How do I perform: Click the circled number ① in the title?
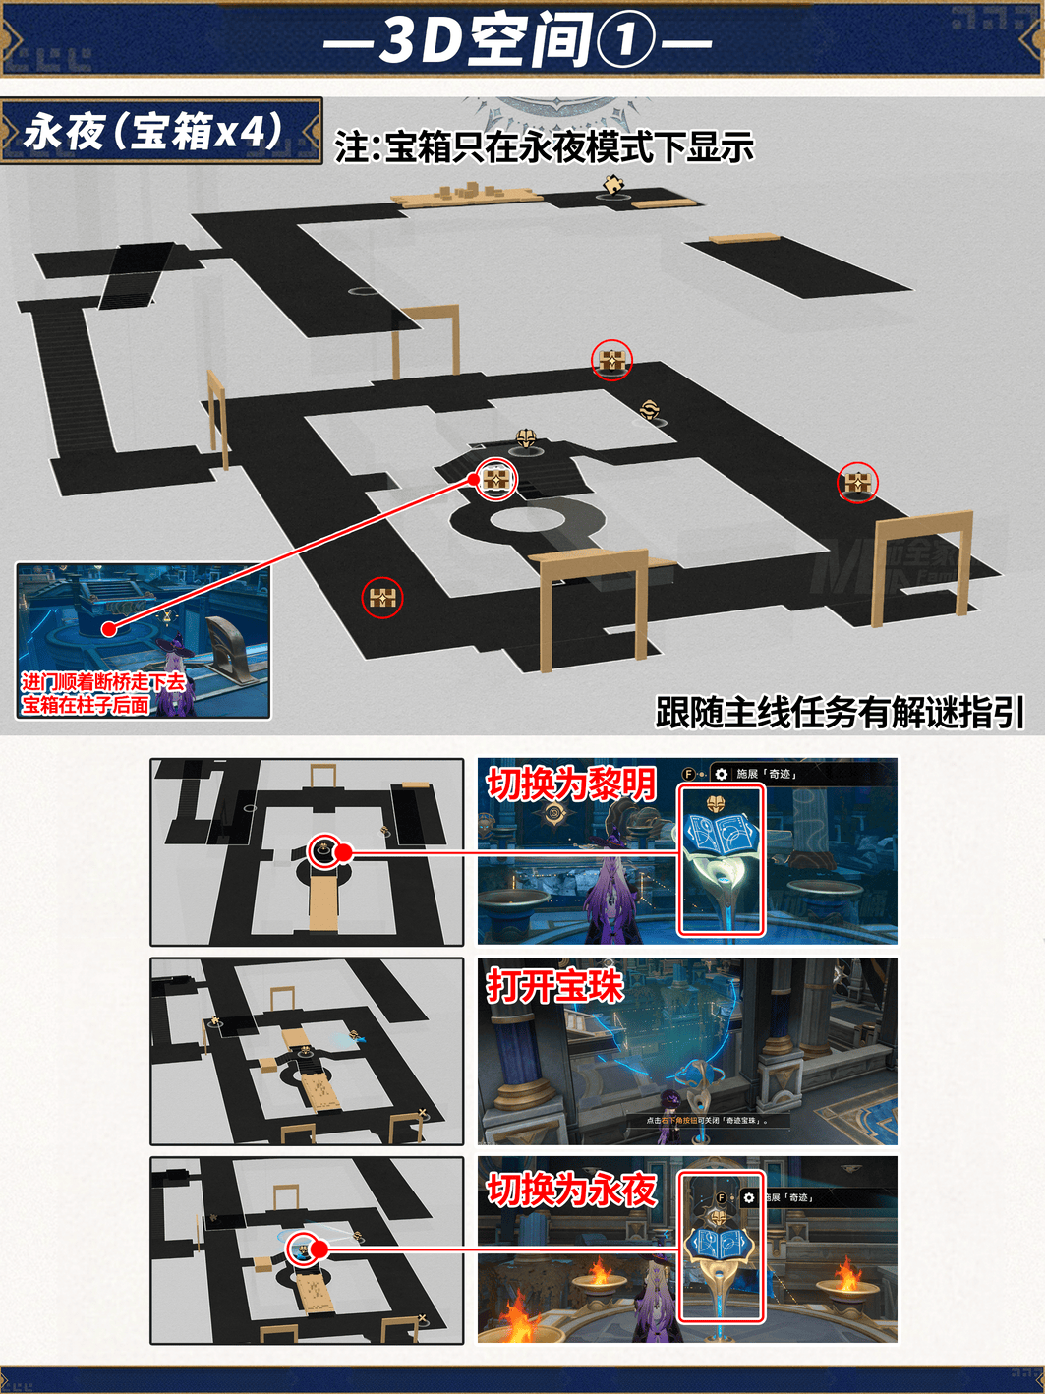click(x=625, y=42)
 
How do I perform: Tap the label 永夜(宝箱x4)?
click(x=154, y=131)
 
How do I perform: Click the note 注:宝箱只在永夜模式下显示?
click(x=544, y=147)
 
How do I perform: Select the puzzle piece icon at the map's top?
click(x=613, y=184)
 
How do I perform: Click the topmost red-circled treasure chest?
click(x=611, y=361)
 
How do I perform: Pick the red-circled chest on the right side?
click(x=857, y=483)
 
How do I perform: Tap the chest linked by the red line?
click(x=496, y=480)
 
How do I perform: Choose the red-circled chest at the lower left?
click(x=381, y=597)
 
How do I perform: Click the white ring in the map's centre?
click(x=520, y=518)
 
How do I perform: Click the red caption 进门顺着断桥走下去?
click(x=103, y=682)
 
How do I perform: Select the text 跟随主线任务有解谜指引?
click(x=840, y=713)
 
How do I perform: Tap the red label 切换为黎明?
click(x=571, y=784)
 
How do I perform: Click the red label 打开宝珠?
click(x=555, y=986)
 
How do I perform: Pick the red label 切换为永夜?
click(x=571, y=1190)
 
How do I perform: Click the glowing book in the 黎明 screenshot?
click(x=721, y=835)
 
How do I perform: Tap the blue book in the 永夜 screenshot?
click(x=721, y=1244)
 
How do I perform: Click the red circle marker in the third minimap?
click(x=302, y=1249)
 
